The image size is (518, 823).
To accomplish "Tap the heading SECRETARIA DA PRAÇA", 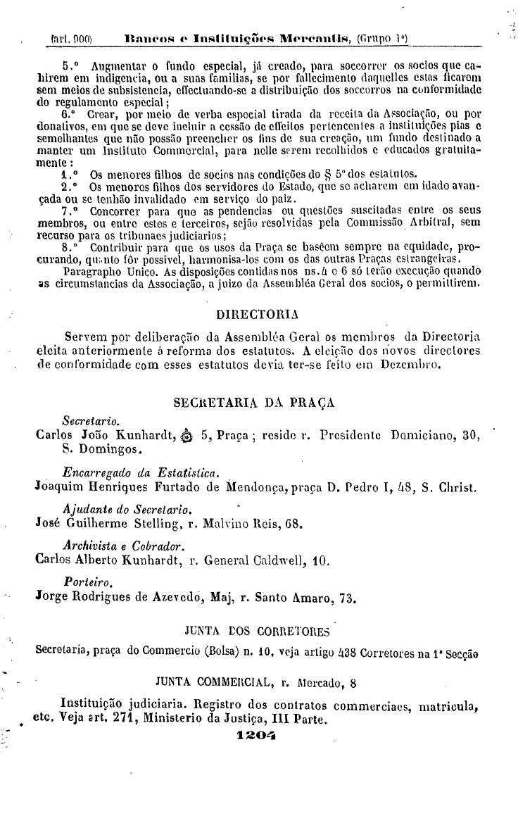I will [x=253, y=403].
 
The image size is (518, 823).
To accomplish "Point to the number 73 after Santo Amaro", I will [x=346, y=598].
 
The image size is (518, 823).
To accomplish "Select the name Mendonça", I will [x=258, y=485].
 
